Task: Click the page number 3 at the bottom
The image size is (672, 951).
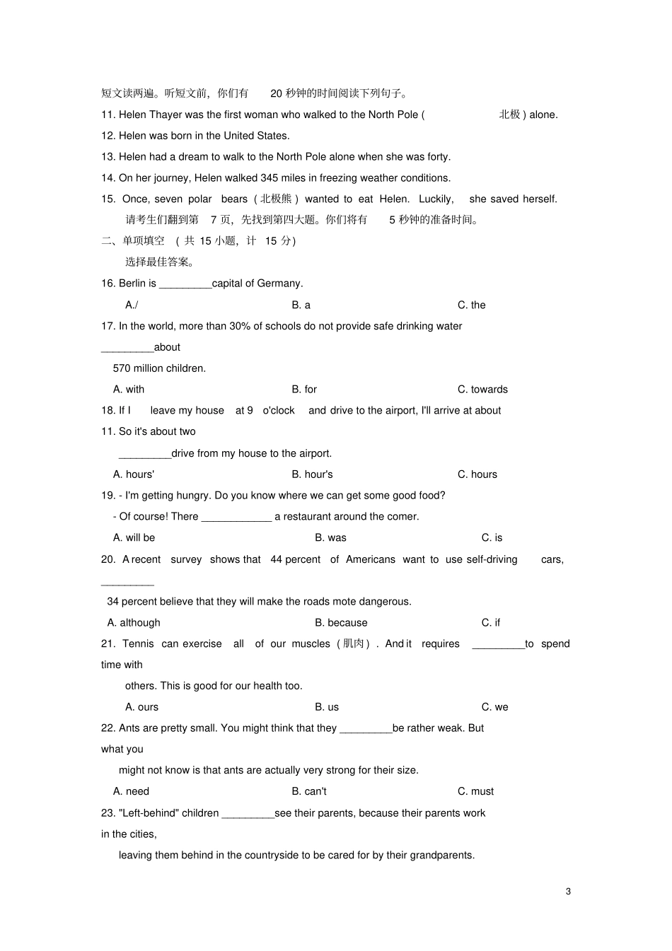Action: [x=568, y=891]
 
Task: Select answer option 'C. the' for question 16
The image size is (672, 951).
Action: [x=471, y=305]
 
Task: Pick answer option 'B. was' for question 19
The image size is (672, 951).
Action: [x=330, y=537]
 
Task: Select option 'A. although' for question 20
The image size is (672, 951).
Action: [x=134, y=622]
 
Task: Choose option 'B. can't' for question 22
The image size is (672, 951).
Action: [x=309, y=791]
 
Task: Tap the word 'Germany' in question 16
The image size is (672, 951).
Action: [x=279, y=284]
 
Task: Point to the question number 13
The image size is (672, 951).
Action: [x=108, y=157]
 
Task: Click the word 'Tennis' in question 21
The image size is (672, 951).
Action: [x=138, y=643]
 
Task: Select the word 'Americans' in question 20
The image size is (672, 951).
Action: [x=371, y=559]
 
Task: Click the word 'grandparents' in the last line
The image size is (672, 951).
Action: [x=443, y=855]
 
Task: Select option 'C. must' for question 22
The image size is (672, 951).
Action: [x=475, y=791]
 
